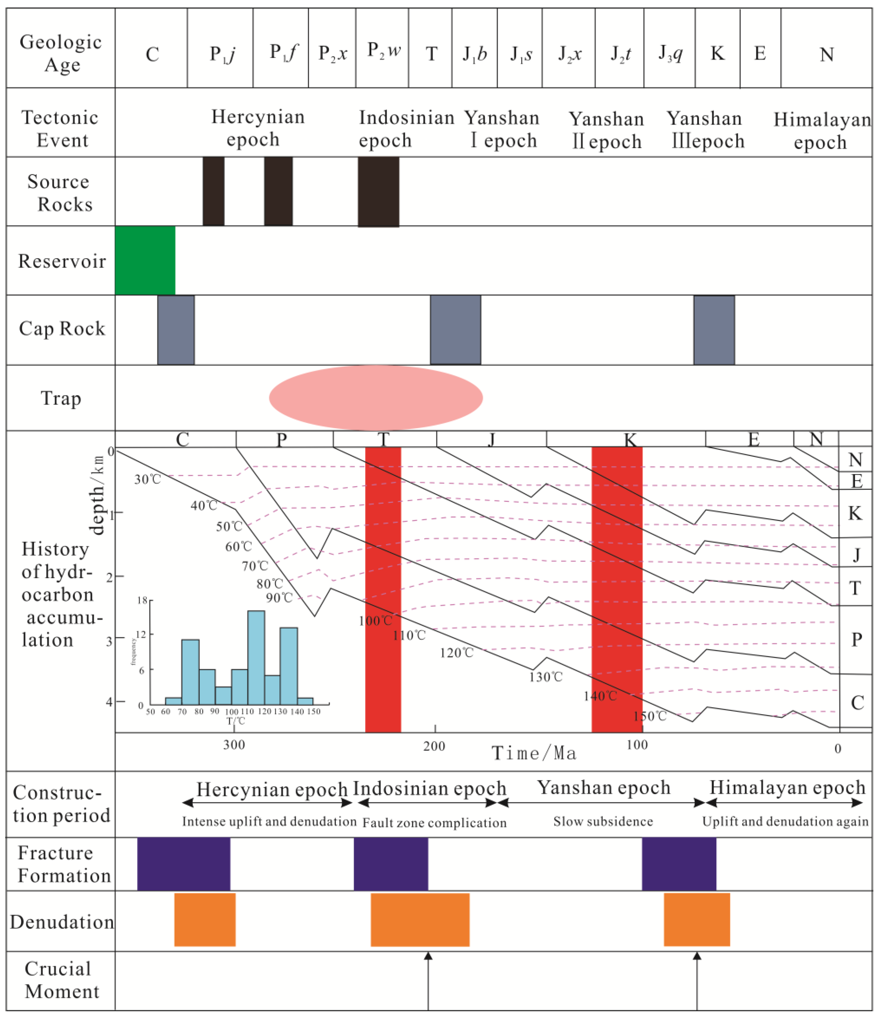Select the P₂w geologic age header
[x=383, y=51]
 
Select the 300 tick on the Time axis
[x=234, y=745]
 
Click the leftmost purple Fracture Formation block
[x=183, y=864]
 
